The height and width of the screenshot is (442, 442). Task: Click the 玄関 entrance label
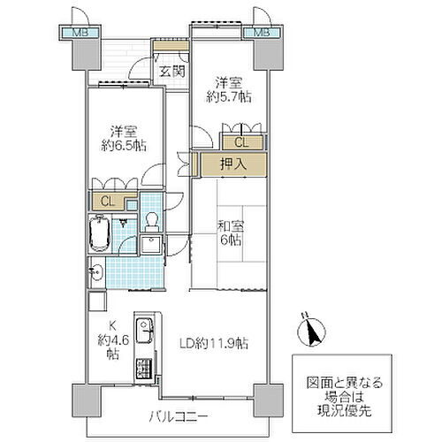(x=172, y=72)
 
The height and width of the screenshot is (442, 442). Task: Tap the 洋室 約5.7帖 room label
(x=229, y=90)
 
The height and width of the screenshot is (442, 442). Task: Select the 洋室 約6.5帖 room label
(x=124, y=139)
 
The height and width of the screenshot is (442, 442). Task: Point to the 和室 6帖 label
(x=231, y=233)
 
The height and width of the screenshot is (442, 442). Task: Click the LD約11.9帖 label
(x=214, y=343)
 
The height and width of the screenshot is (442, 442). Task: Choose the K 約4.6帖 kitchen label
(x=113, y=340)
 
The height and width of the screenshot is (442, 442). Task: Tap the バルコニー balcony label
(x=179, y=416)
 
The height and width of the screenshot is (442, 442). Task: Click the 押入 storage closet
(x=233, y=164)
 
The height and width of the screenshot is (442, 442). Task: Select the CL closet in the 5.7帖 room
(x=242, y=142)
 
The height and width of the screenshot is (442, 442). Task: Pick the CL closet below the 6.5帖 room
(x=108, y=202)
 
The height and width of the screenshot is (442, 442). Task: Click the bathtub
(x=100, y=233)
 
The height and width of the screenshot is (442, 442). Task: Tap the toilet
(x=152, y=222)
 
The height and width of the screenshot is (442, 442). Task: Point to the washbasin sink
(x=96, y=272)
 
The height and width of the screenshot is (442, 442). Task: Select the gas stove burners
(x=144, y=369)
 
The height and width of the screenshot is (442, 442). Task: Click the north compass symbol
(x=311, y=331)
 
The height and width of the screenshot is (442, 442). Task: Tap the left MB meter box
(x=80, y=33)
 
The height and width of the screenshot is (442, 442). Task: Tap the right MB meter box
(x=262, y=33)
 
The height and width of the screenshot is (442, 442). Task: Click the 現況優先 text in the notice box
(x=344, y=410)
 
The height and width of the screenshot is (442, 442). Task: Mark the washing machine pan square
(x=150, y=245)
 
